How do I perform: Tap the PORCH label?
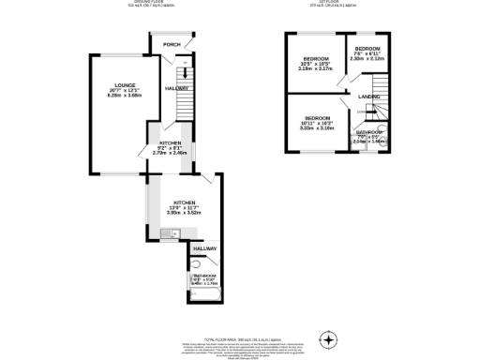click(x=172, y=44)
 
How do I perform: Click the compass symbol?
click(x=328, y=338)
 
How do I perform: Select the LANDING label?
click(x=369, y=96)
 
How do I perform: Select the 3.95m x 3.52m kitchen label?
click(x=183, y=213)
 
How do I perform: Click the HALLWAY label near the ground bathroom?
click(x=204, y=248)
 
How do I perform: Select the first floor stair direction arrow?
click(x=382, y=113)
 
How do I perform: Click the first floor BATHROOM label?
click(x=367, y=132)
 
